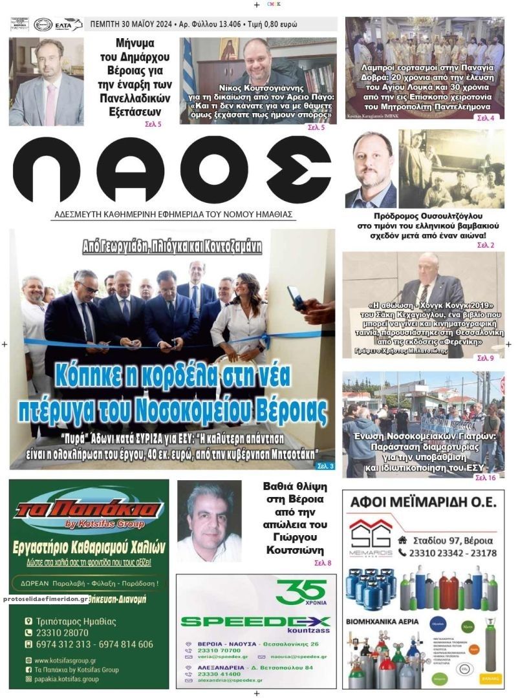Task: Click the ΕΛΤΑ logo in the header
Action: [69, 25]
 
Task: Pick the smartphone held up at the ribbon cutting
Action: [295, 297]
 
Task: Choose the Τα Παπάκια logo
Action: [89, 508]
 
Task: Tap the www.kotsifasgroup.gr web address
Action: [65, 661]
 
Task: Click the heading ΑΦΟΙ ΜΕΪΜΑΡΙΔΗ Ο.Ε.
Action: [423, 502]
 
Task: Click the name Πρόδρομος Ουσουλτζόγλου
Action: [428, 216]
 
